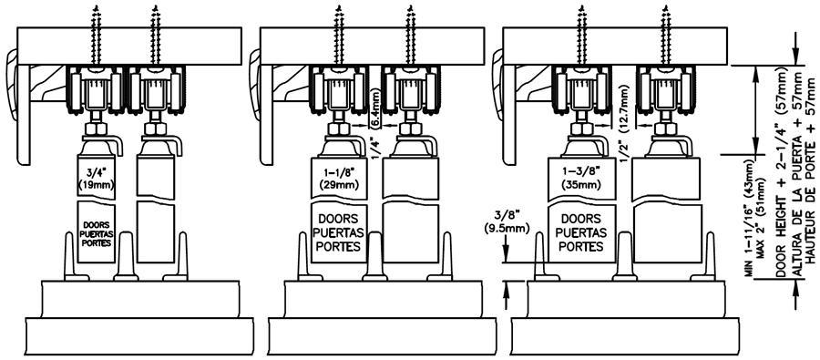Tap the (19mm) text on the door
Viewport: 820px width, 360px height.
96,184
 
